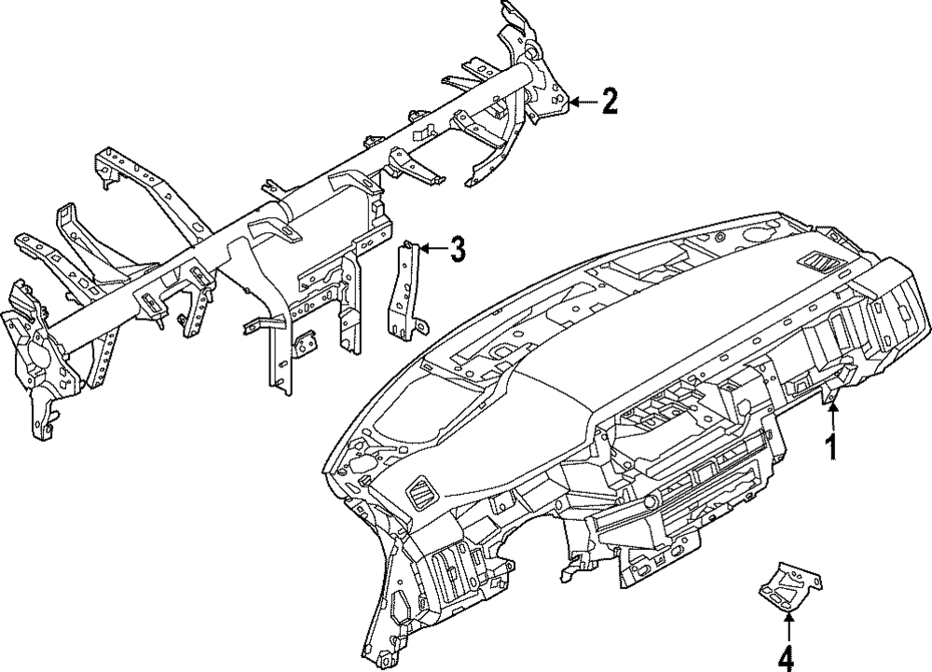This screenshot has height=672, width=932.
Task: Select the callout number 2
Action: [x=609, y=101]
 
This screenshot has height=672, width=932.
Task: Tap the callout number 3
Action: [x=456, y=249]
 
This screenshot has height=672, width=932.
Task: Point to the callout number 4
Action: [x=788, y=655]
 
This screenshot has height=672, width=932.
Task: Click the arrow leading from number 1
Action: [x=830, y=414]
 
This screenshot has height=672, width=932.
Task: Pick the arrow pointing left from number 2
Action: [x=583, y=101]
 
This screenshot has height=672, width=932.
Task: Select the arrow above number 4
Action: [x=788, y=624]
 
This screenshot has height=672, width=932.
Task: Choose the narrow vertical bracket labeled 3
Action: [x=404, y=289]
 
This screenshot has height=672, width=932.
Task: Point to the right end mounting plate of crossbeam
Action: [x=541, y=84]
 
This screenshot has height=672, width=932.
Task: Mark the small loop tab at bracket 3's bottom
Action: [x=422, y=326]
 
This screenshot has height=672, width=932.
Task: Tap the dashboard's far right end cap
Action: [x=899, y=317]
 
